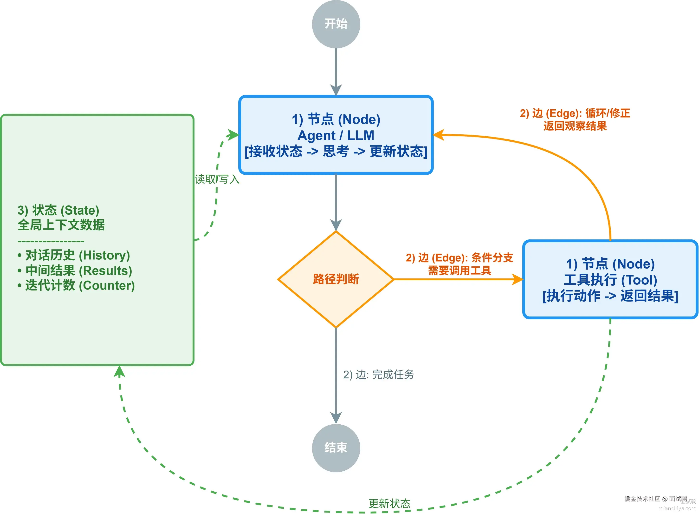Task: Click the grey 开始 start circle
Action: point(336,24)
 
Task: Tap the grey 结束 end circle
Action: point(336,448)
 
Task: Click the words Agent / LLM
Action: point(336,135)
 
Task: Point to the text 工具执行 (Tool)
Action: point(610,280)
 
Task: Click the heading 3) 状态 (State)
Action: point(58,210)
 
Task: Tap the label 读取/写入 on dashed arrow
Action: point(217,179)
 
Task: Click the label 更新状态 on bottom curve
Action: point(389,503)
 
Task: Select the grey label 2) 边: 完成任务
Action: point(378,374)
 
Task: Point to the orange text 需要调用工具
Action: point(459,270)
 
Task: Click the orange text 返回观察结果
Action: point(575,126)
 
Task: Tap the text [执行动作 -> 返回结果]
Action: point(610,296)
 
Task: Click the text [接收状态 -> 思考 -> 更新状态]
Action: point(336,151)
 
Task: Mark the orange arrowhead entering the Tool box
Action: point(518,279)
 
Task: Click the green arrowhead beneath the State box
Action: point(119,371)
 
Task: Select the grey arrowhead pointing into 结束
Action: point(336,418)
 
